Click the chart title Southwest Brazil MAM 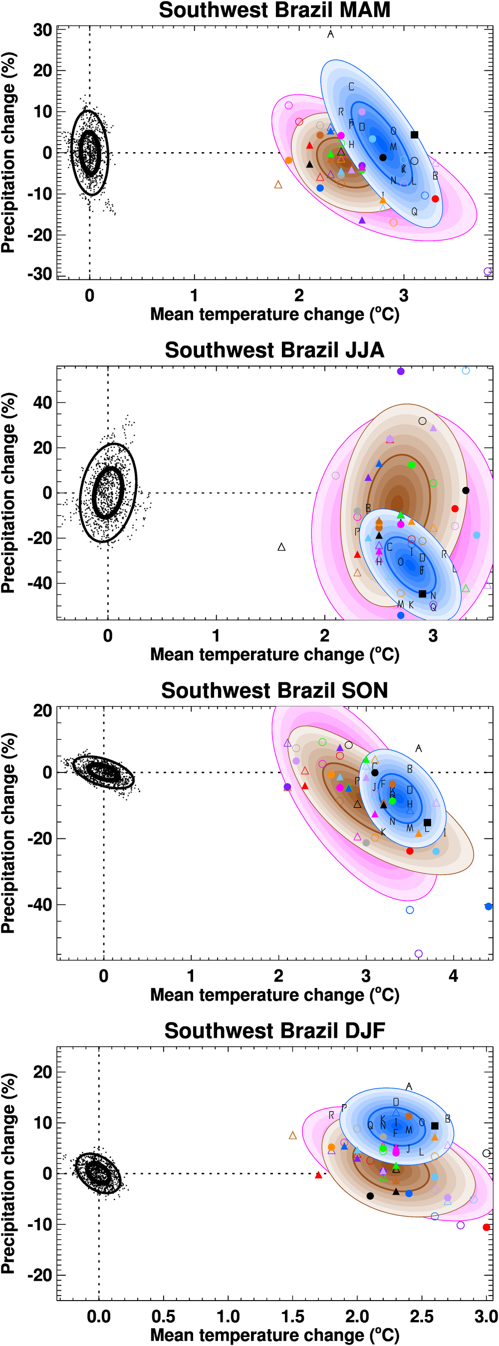point(274,10)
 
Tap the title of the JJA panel point(274,350)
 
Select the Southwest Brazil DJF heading point(274,1031)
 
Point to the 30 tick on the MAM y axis point(42,30)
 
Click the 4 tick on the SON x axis point(453,975)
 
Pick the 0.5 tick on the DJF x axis point(163,1316)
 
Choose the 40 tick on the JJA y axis point(42,403)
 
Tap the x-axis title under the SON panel point(274,995)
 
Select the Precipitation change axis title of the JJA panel point(8,493)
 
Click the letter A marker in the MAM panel point(330,34)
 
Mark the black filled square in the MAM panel point(414,135)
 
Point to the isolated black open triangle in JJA point(281,547)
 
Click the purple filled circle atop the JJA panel point(401,372)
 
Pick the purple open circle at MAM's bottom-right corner point(488,271)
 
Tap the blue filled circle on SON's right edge point(488,907)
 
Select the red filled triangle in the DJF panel point(318,1175)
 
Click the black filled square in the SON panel point(427,822)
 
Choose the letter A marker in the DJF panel point(409,1087)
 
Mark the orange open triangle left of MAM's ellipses point(278,185)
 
